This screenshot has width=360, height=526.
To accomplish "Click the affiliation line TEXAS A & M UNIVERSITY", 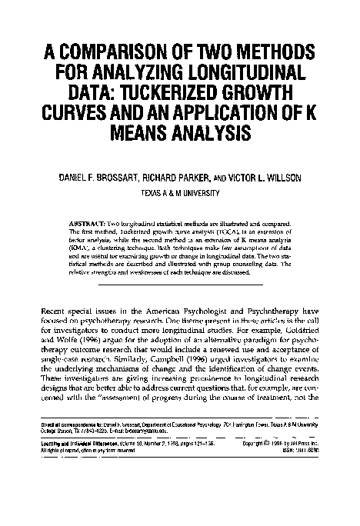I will tap(180, 194).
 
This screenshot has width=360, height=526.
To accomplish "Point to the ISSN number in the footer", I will tap(304, 451).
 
